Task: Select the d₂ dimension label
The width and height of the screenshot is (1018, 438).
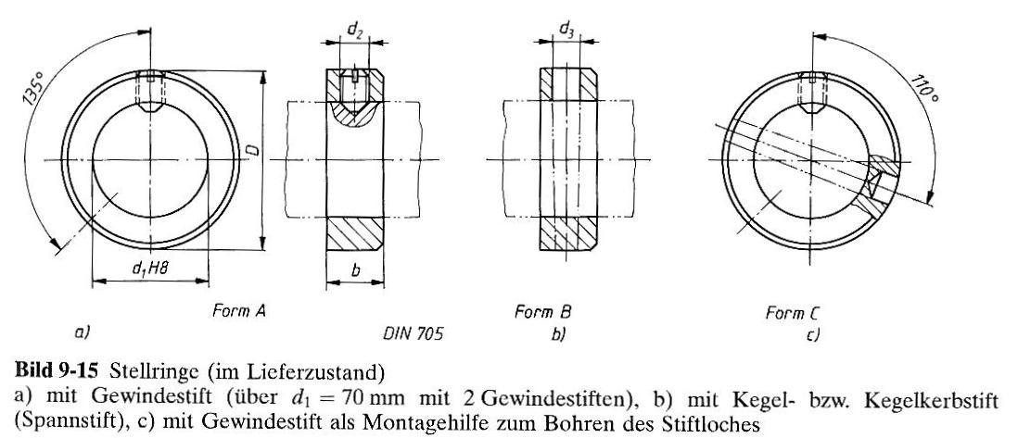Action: (354, 30)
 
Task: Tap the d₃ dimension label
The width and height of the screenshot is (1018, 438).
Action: (566, 30)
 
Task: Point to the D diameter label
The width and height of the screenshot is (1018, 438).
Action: (254, 151)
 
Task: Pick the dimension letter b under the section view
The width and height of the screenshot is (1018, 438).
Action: (355, 270)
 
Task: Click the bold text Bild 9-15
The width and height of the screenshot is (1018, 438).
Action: (56, 372)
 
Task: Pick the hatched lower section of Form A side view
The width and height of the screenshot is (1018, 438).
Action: (354, 233)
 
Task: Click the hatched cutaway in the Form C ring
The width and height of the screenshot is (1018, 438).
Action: (882, 181)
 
